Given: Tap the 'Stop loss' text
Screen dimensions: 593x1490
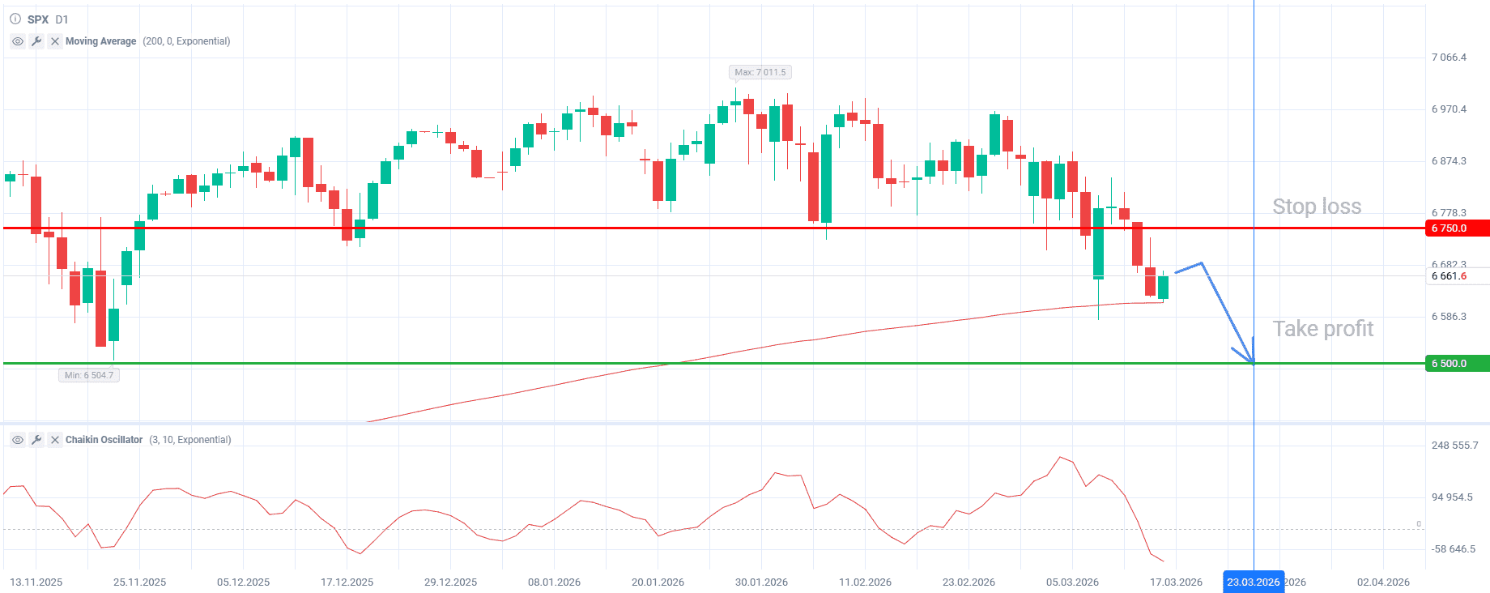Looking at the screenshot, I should click(1317, 207).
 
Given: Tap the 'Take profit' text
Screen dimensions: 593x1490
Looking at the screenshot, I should click(1323, 329).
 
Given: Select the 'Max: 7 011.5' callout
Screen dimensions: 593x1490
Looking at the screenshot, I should click(760, 72).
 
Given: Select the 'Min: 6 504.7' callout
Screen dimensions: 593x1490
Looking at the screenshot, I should click(89, 375).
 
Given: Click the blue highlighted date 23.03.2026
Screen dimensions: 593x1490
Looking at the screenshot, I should click(1253, 582).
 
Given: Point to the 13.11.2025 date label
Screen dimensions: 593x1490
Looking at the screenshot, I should click(36, 582).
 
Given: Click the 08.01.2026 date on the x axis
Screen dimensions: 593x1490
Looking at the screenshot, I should click(554, 582).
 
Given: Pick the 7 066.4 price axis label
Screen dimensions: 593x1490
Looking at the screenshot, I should click(1449, 58).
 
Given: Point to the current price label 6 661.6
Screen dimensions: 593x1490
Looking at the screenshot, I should click(1449, 276).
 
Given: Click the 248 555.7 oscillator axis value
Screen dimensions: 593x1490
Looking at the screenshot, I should click(1454, 446).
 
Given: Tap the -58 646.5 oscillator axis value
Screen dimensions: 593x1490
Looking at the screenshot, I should click(1453, 549).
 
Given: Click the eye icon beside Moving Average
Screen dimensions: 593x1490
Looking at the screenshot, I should click(18, 41).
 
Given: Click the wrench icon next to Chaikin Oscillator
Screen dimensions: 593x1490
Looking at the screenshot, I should click(36, 440).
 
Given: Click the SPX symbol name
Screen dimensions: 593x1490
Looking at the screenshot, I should click(38, 19).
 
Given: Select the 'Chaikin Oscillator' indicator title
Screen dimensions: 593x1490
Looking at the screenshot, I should click(104, 440).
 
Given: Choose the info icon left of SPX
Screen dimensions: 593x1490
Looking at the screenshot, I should click(15, 19).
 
